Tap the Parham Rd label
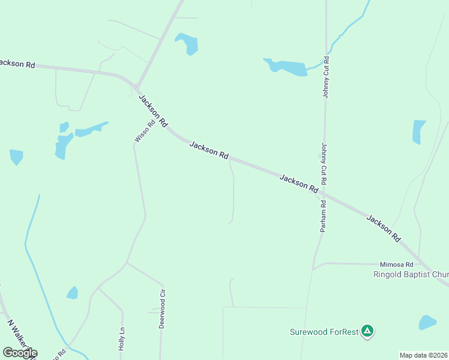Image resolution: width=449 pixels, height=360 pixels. (323, 216)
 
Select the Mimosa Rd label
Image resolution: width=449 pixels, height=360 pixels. (397, 264)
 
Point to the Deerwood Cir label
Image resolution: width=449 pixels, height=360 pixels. (161, 310)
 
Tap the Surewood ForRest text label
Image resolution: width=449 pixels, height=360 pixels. (324, 331)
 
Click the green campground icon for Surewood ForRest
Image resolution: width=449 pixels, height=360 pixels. (367, 331)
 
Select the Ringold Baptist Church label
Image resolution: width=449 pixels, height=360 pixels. (411, 275)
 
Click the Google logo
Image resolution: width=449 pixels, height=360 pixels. (19, 353)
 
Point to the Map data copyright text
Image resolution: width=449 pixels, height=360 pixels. (424, 355)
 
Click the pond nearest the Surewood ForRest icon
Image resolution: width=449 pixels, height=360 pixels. (427, 322)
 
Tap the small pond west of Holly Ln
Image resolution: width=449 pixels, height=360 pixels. (72, 293)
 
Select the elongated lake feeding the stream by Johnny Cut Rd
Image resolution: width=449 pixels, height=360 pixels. (286, 67)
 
